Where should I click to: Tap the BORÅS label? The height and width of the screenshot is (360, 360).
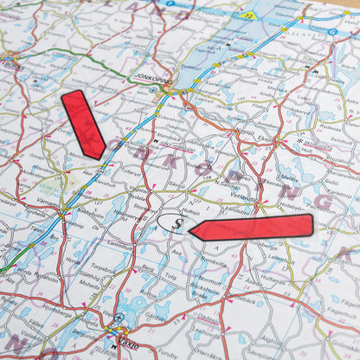pos(12,65)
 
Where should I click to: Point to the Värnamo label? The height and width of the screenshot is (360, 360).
pos(48,204)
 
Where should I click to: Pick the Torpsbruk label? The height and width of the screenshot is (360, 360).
pos(102,268)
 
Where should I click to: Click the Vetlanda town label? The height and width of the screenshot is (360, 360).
pos(243,197)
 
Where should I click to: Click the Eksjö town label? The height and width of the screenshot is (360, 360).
pos(263,137)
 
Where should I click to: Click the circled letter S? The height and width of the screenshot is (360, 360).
pos(173,223)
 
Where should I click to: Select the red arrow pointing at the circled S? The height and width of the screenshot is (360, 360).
pos(251,228)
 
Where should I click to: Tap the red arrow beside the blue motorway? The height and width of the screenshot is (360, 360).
pos(83,124)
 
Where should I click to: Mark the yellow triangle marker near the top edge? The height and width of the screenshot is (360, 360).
pos(248,15)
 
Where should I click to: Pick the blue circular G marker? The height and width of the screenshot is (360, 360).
pos(333,32)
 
